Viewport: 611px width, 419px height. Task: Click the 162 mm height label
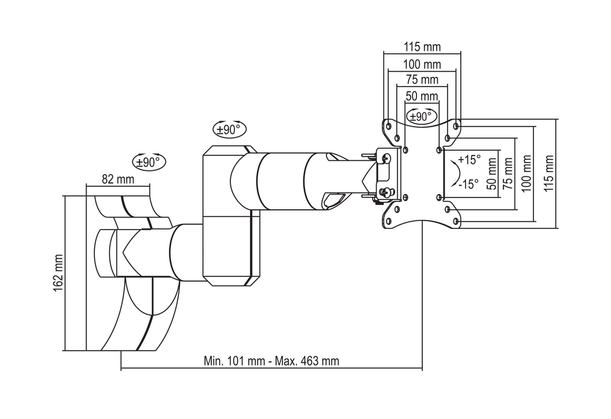58,273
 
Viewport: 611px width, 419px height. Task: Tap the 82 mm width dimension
118,178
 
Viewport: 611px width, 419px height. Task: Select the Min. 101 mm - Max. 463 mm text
271,361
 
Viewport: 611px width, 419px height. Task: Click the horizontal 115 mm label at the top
422,47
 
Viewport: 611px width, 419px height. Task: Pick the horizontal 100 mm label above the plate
422,64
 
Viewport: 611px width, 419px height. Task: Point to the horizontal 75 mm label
422,79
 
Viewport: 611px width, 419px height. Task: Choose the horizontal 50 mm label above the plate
422,96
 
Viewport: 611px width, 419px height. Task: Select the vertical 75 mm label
508,173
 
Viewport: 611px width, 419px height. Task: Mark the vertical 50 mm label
491,173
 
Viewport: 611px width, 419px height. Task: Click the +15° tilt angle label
469,160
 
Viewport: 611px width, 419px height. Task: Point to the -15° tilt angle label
469,184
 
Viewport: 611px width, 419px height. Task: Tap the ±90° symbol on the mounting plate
422,117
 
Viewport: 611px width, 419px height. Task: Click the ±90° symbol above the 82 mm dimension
149,161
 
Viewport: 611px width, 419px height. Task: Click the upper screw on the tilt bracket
386,158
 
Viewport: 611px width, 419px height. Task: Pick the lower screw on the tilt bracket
387,192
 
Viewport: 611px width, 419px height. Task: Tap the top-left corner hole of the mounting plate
388,126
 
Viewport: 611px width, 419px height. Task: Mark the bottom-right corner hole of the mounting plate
456,222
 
